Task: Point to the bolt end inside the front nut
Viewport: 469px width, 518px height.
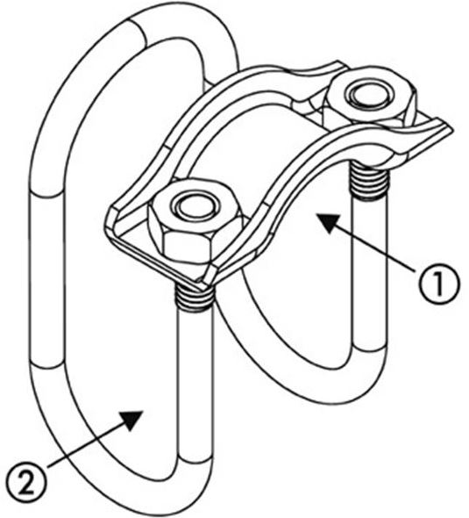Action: [195, 206]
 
